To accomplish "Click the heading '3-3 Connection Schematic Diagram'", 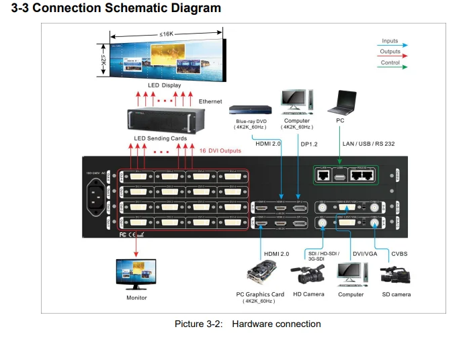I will pos(112,9).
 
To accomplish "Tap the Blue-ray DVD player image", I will pos(249,109).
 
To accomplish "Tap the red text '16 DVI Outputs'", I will pos(218,151).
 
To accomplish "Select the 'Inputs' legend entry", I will pos(390,41).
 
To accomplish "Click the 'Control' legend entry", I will pos(390,63).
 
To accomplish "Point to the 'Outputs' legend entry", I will pos(390,52).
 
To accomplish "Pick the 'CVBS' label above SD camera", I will pos(400,254).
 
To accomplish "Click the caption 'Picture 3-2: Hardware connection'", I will pos(247,324).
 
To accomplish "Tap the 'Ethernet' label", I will pos(210,101).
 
